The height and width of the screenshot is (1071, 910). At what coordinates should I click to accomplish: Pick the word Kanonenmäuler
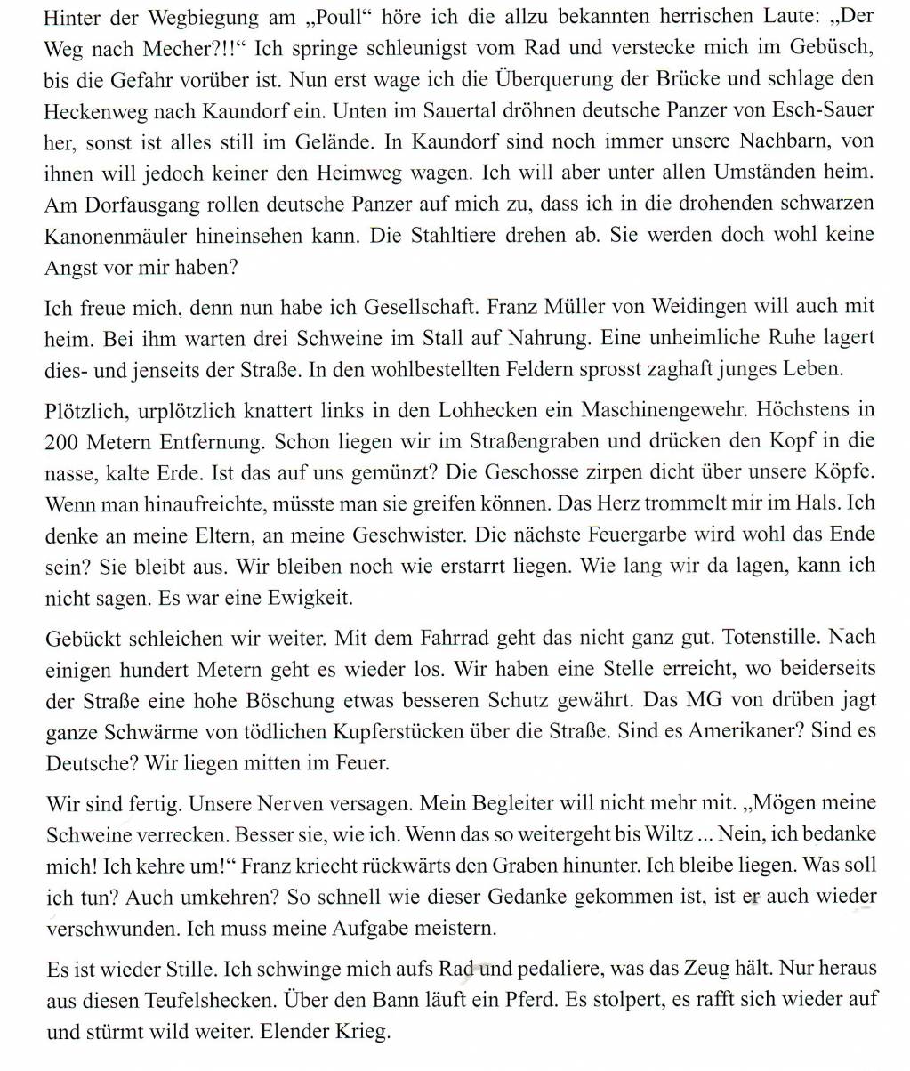tap(107, 236)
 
